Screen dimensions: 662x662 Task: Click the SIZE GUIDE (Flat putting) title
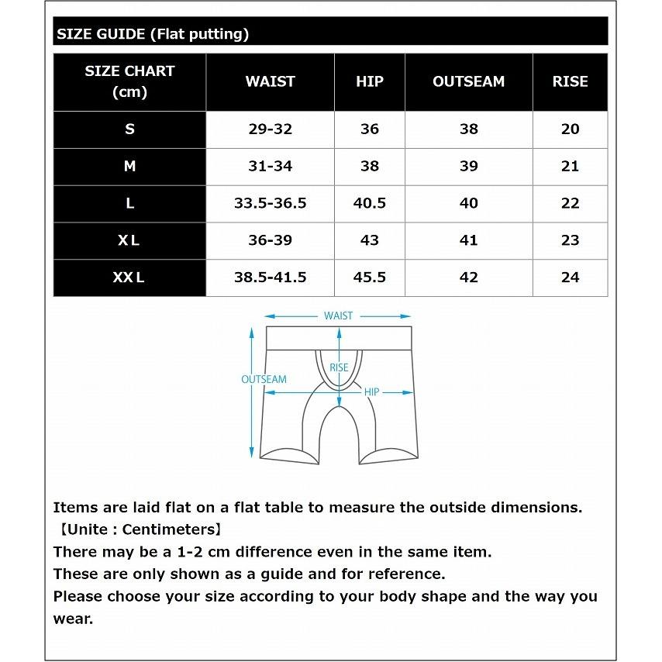click(152, 33)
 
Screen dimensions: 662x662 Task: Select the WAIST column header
click(270, 81)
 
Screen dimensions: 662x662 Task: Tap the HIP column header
click(369, 81)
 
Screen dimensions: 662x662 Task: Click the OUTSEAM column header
click(468, 81)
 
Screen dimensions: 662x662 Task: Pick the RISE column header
click(570, 81)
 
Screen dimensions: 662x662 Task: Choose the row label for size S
click(129, 129)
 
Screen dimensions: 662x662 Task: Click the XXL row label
click(129, 278)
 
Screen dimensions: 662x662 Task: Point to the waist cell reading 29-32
click(270, 129)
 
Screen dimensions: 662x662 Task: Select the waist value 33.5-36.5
click(270, 203)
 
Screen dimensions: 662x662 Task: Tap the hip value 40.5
click(369, 203)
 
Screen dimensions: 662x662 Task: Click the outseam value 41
click(468, 240)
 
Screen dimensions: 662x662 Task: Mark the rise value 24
click(570, 278)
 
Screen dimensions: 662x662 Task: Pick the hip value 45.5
click(369, 278)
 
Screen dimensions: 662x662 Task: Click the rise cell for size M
click(570, 167)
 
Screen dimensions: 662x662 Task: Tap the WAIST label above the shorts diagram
click(338, 315)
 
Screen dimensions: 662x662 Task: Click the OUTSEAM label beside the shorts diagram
click(264, 380)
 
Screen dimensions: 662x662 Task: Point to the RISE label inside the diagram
click(339, 367)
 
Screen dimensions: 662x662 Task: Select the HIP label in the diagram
click(371, 392)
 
